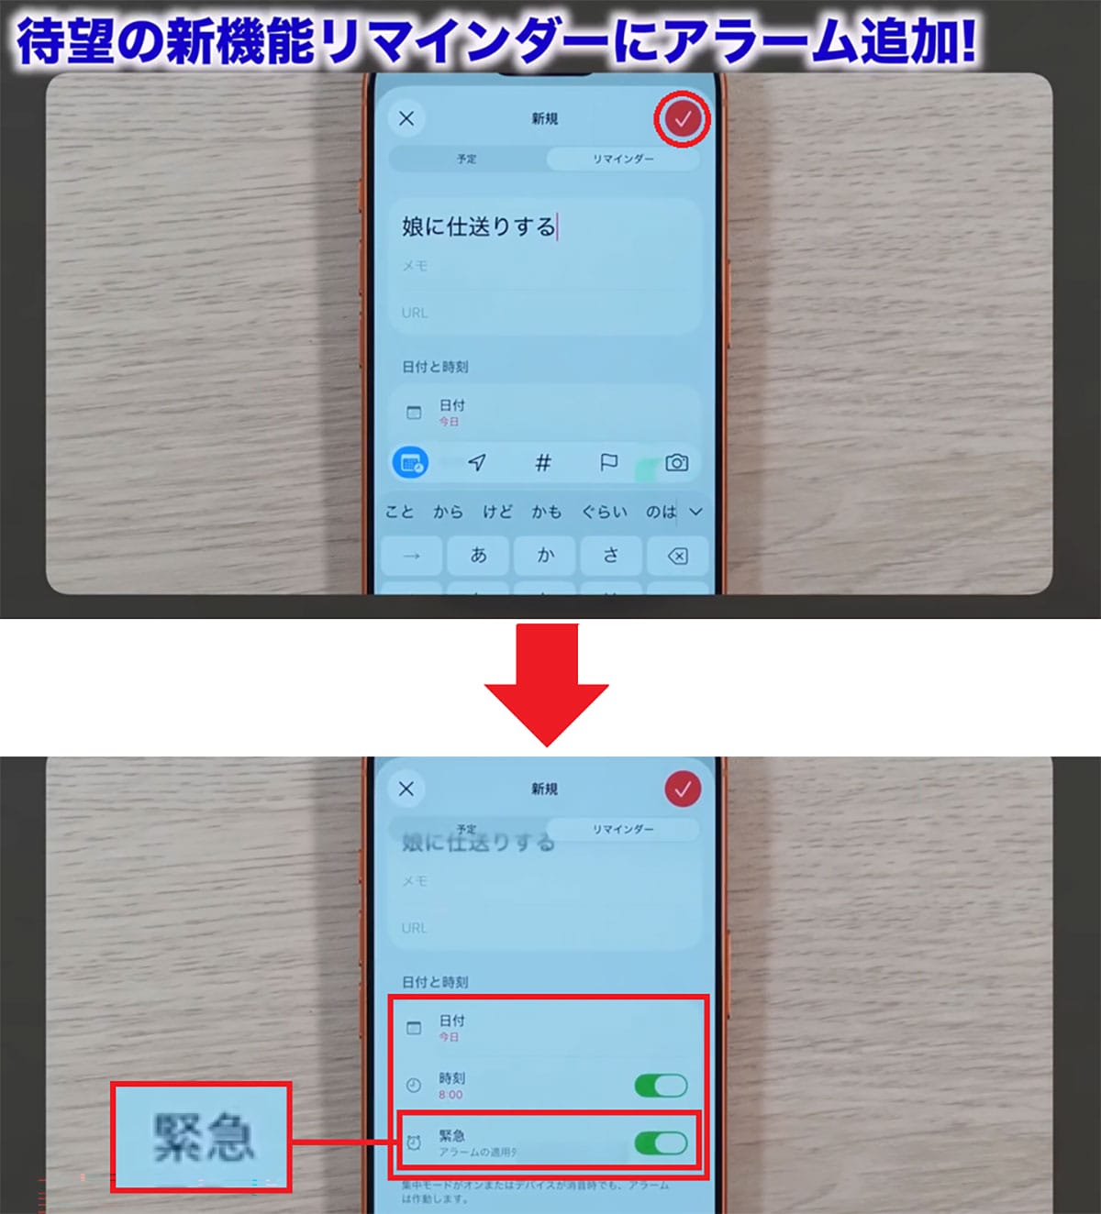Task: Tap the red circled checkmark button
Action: (683, 118)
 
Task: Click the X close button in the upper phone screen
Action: (406, 118)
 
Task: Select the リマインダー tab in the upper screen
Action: (623, 159)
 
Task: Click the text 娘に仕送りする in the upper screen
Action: (478, 226)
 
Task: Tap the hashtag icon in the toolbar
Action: (543, 463)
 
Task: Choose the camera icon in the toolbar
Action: (676, 462)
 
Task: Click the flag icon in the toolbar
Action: (608, 463)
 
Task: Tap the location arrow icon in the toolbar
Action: (476, 463)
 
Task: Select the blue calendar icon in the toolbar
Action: (410, 463)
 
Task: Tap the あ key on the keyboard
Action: (478, 556)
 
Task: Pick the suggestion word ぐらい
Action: (605, 512)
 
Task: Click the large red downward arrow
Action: (547, 684)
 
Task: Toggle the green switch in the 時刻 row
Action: (661, 1086)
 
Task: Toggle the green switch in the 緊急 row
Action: (661, 1142)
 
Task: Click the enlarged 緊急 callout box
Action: (201, 1137)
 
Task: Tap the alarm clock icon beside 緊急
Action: (414, 1142)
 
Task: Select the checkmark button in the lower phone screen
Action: (683, 789)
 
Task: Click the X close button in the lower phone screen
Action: (406, 789)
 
